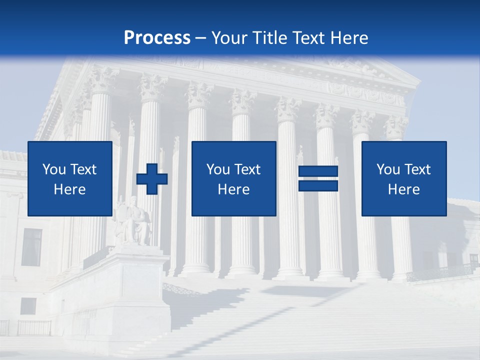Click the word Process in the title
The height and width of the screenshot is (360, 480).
click(157, 38)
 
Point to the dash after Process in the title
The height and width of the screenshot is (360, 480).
click(201, 38)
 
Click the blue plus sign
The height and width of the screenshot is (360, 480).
click(152, 178)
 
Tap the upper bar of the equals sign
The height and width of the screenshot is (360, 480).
click(318, 171)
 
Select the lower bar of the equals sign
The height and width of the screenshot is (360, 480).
click(318, 185)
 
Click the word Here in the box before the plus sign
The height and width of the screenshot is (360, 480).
click(69, 189)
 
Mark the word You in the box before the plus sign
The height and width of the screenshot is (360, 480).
click(54, 169)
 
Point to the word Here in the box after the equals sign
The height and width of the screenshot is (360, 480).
click(403, 189)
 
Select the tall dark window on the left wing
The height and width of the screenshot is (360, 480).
click(31, 247)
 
